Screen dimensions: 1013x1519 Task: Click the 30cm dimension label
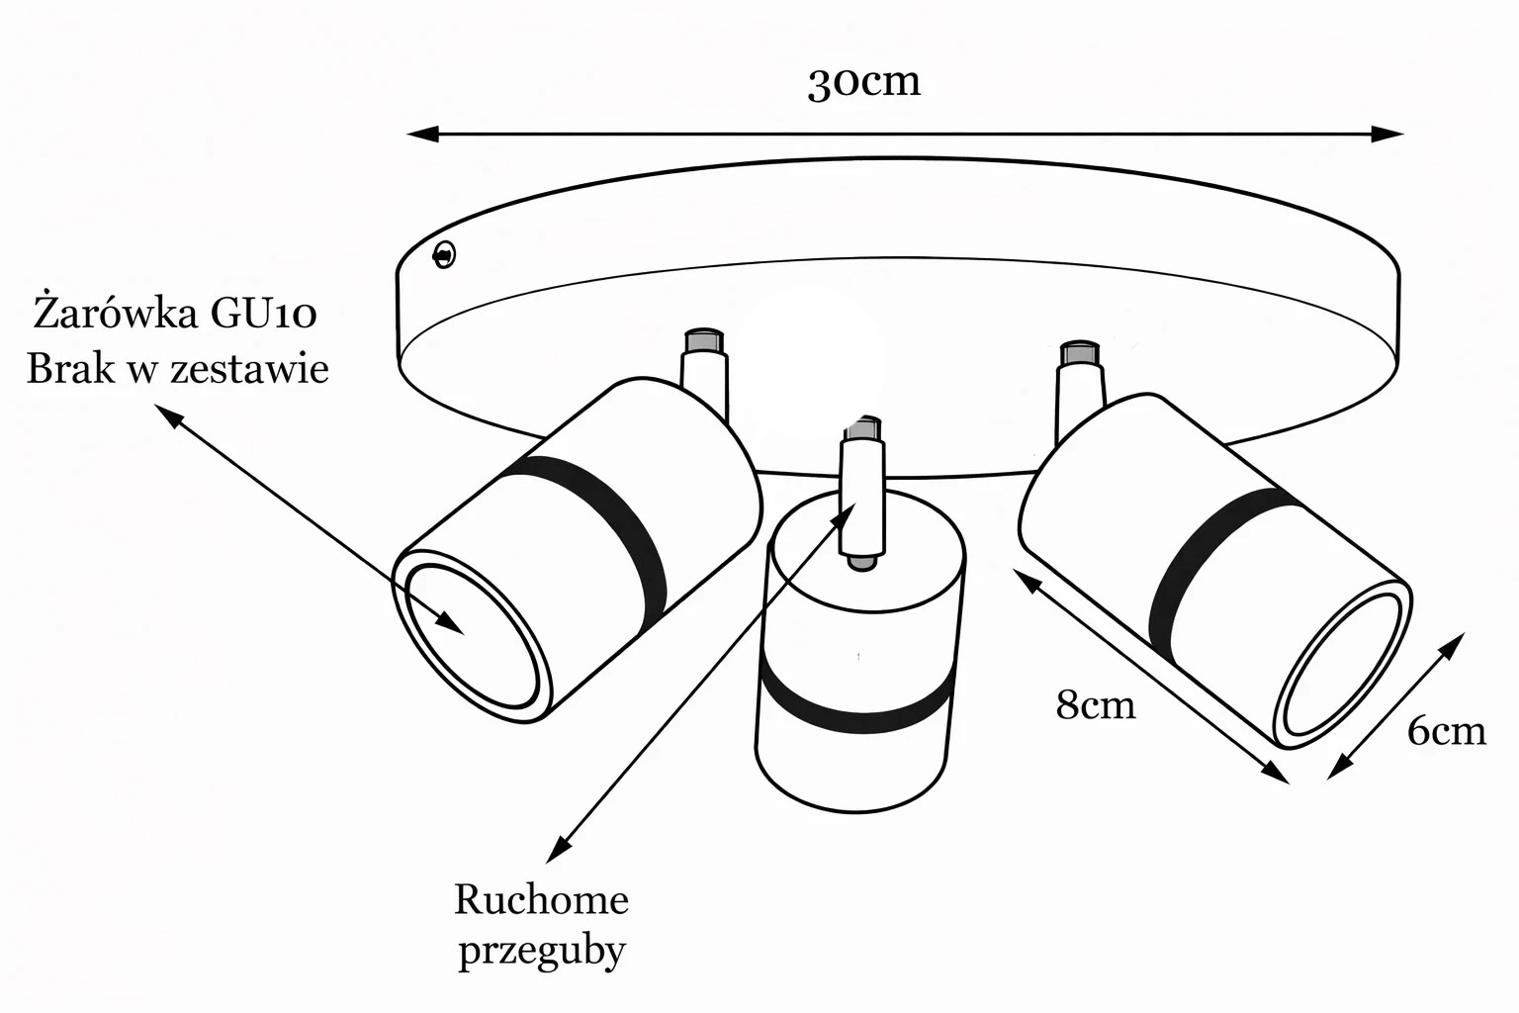(863, 82)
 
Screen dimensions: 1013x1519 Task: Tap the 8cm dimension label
(1096, 705)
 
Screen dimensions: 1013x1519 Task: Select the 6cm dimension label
(1446, 730)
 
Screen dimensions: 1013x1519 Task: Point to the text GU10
(263, 314)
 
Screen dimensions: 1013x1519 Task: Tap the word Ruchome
(541, 900)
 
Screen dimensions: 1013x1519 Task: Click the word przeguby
(542, 952)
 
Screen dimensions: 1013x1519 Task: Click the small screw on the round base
(445, 255)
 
